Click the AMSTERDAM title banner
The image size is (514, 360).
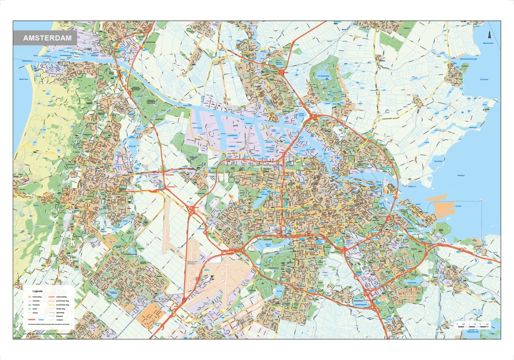pyautogui.click(x=46, y=38)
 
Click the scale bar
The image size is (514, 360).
pyautogui.click(x=471, y=325)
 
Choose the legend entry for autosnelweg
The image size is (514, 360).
pyautogui.click(x=61, y=297)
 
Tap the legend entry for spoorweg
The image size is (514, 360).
pyautogui.click(x=61, y=312)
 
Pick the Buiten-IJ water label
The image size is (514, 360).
pyautogui.click(x=413, y=187)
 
